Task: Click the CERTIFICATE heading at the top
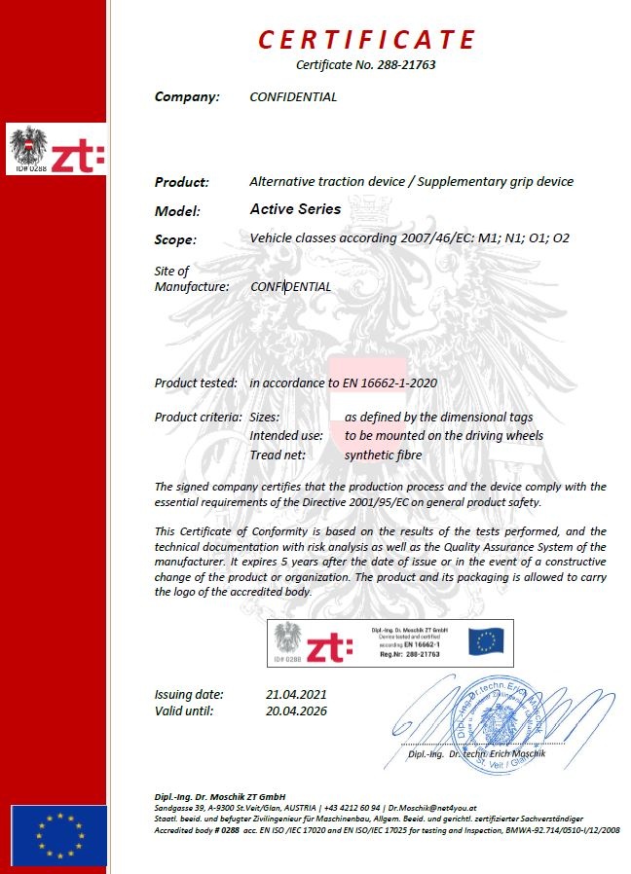(x=367, y=40)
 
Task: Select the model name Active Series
(x=295, y=209)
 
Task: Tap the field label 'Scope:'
(x=175, y=239)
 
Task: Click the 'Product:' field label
(x=182, y=182)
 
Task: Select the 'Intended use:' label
(x=286, y=436)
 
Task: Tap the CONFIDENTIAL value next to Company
(x=293, y=97)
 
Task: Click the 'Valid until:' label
(x=184, y=710)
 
